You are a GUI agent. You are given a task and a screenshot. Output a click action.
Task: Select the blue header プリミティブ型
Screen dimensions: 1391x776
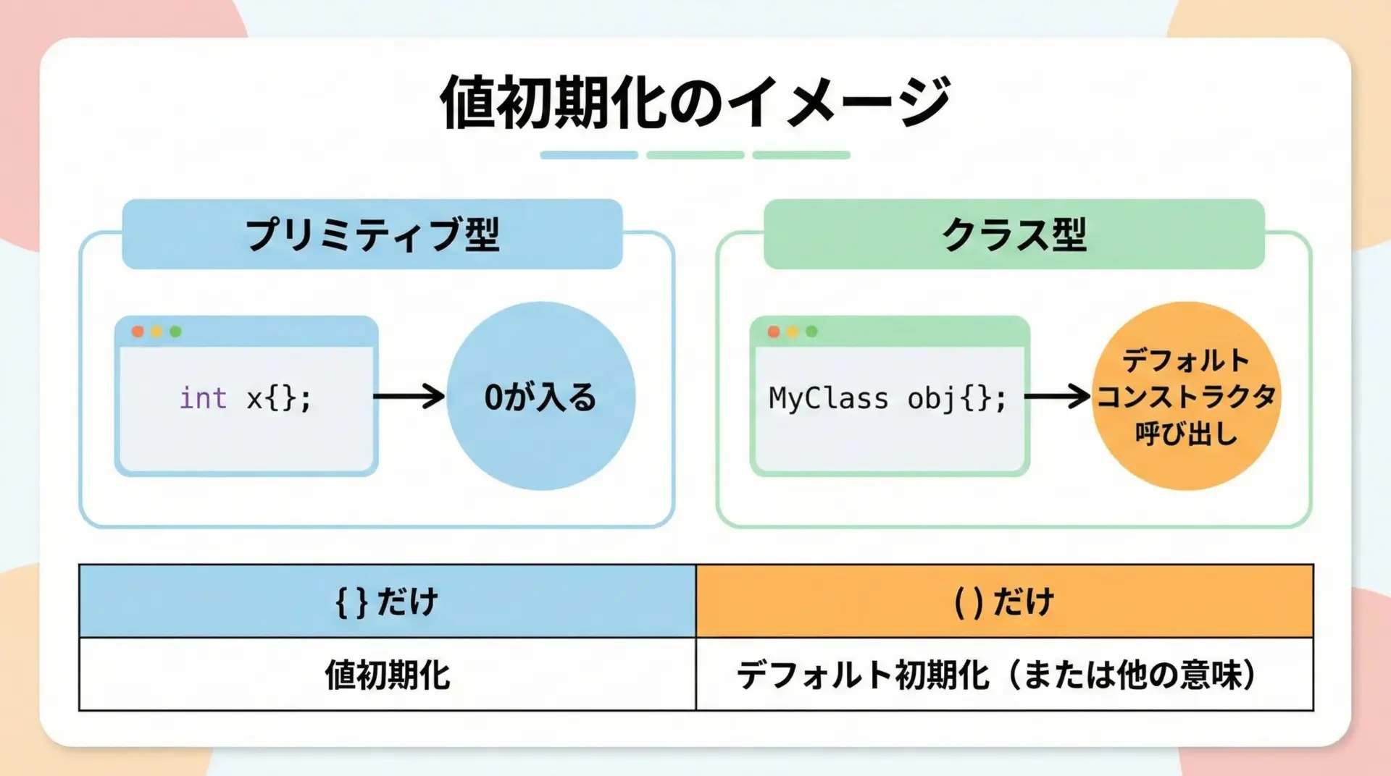point(372,235)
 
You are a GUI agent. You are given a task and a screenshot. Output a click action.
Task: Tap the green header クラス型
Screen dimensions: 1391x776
point(1014,235)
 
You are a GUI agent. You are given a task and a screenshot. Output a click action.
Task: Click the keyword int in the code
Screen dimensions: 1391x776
point(203,397)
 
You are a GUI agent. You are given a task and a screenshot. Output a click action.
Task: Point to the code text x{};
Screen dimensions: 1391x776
point(279,398)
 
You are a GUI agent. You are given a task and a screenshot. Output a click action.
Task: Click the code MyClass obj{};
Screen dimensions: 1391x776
point(887,399)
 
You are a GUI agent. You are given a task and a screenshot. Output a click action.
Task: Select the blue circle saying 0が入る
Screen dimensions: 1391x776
point(540,396)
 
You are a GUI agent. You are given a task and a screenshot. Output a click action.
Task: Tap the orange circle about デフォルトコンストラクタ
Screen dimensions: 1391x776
point(1186,396)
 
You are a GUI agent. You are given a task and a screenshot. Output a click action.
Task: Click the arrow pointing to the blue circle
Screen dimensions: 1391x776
point(409,396)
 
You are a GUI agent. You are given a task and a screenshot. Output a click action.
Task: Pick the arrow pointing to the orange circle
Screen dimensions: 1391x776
point(1057,396)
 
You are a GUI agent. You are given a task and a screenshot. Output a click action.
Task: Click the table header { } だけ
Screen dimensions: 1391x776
point(388,601)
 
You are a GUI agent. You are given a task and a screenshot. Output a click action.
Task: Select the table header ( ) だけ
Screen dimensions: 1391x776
point(1005,601)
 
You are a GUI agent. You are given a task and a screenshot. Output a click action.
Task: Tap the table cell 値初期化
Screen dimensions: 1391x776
point(388,675)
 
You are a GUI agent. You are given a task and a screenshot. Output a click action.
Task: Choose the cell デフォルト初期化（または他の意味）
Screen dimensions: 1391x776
point(1005,675)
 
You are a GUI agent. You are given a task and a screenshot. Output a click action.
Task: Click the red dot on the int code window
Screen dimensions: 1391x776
point(138,332)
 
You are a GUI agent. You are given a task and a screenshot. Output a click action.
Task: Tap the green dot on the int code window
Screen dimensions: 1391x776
point(175,332)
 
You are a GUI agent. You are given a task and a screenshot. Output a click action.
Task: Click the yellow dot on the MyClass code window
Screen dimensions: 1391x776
point(793,332)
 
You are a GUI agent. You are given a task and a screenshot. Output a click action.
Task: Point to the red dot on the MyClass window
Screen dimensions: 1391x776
point(774,332)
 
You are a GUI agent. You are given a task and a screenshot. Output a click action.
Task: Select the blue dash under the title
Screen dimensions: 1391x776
point(589,155)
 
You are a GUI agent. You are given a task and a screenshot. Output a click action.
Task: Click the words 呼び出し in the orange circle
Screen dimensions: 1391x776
point(1186,434)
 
